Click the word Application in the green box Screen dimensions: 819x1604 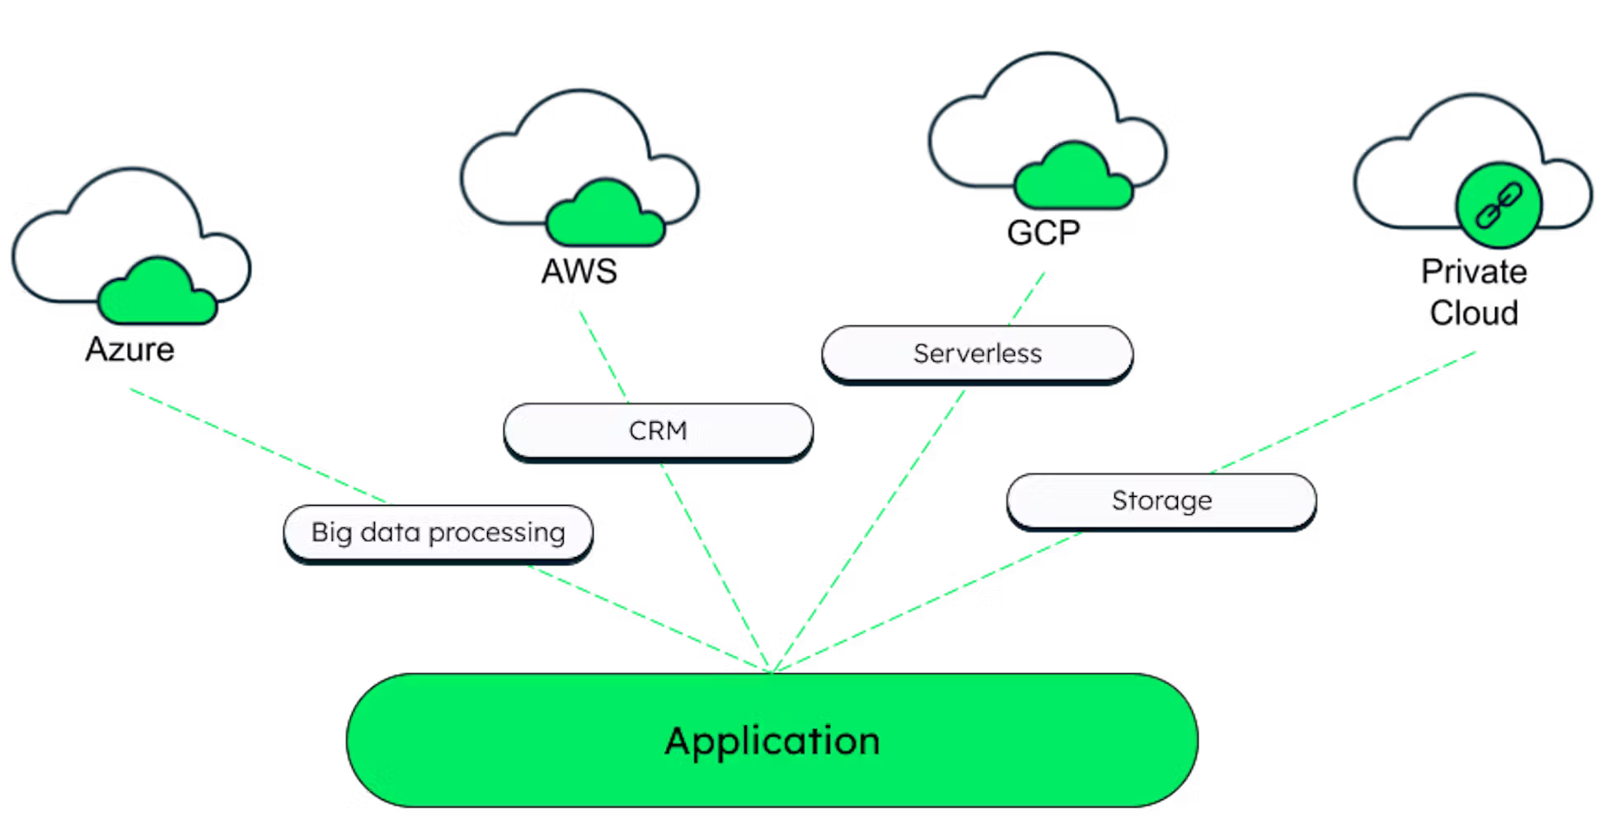[772, 741]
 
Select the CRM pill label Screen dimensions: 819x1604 [658, 431]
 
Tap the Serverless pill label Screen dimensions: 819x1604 [978, 353]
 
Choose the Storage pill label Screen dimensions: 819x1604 [1161, 500]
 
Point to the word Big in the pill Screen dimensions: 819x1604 [331, 533]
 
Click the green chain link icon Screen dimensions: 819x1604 [1498, 205]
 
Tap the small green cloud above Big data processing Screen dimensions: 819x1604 [157, 292]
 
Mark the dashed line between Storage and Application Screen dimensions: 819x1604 [931, 598]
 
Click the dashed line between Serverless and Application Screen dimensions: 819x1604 [870, 527]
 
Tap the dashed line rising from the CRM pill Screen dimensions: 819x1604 [603, 356]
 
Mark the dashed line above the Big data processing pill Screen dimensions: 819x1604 [260, 446]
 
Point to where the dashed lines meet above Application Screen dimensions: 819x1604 [772, 670]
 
